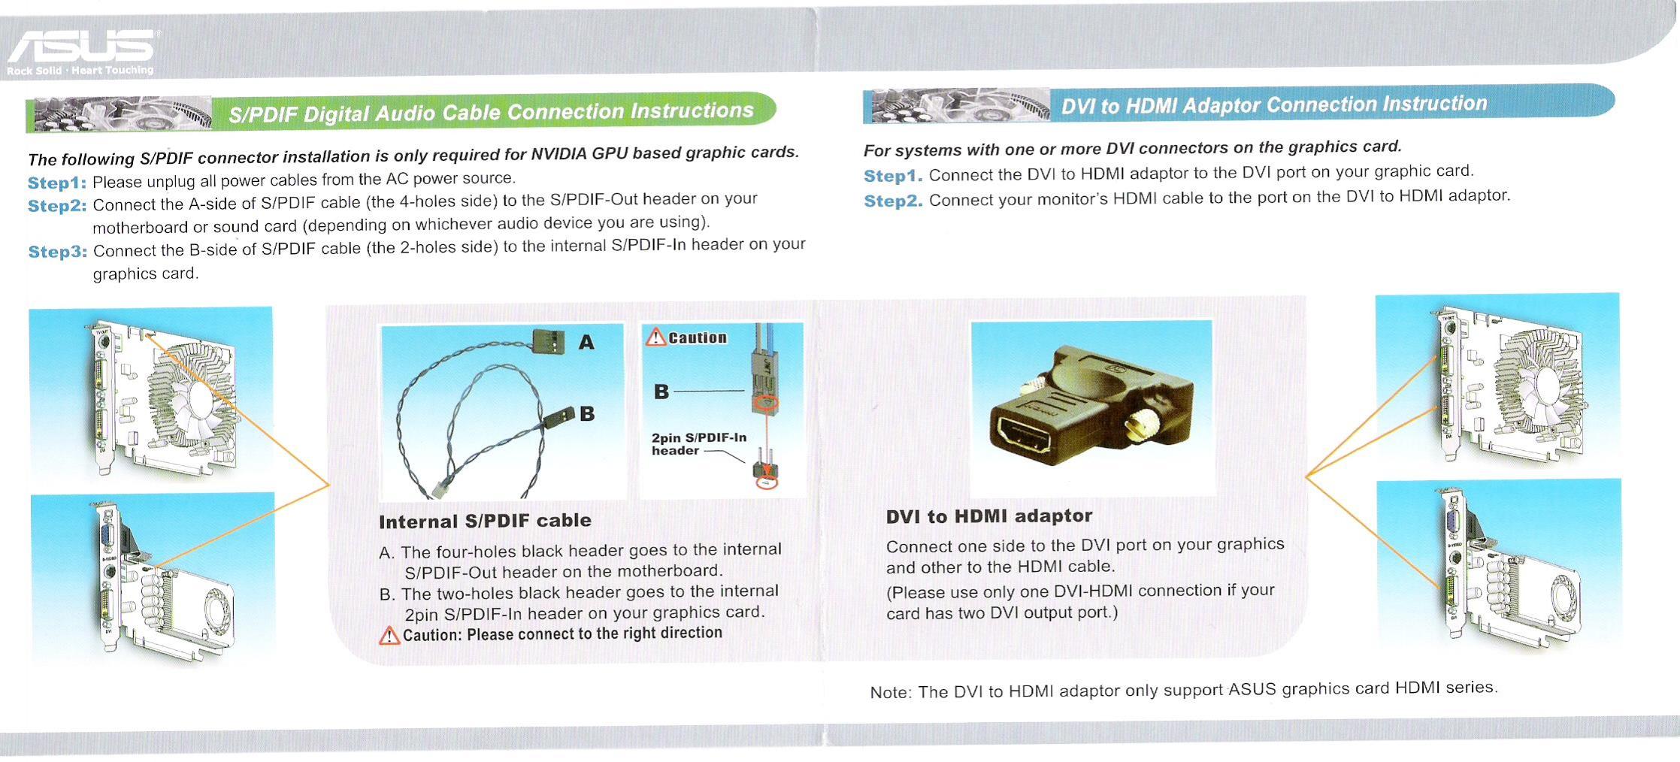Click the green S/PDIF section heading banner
point(401,113)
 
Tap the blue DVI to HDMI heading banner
point(1239,104)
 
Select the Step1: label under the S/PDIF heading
point(57,183)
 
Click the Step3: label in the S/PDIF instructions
point(58,252)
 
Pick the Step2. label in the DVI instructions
point(893,201)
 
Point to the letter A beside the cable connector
point(586,343)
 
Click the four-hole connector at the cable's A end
point(548,342)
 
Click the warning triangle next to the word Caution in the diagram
point(656,337)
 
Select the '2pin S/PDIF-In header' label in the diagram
point(698,444)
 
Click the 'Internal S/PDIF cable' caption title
point(485,521)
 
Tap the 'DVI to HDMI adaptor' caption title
point(989,516)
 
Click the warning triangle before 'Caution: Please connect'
point(389,636)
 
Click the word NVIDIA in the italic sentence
point(558,154)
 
